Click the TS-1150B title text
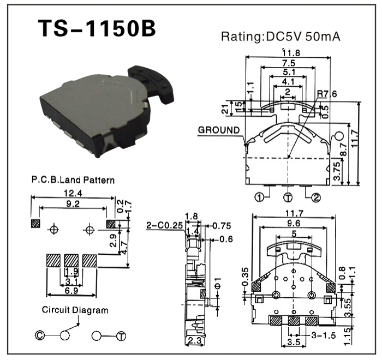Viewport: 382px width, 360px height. (97, 29)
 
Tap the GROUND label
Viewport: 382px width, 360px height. (219, 130)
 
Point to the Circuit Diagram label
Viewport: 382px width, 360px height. (75, 310)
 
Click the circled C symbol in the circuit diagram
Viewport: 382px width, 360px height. (40, 335)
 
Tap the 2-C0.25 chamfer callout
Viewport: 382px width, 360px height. (163, 224)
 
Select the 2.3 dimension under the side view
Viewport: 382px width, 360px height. (193, 341)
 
